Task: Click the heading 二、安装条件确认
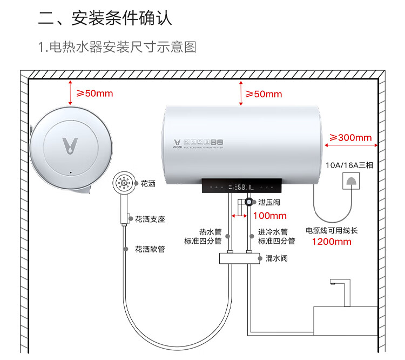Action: point(105,18)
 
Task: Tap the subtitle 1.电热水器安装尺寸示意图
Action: point(117,48)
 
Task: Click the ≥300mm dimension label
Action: point(350,137)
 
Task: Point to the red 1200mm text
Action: point(332,242)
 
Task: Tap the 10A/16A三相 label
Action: point(349,165)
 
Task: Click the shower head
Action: point(124,184)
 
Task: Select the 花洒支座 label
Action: point(150,219)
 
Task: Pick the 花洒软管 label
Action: point(150,249)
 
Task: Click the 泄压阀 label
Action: point(269,202)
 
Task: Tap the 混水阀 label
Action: point(276,258)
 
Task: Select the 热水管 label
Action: point(207,231)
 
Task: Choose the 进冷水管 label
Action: point(273,231)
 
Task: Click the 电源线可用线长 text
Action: point(332,230)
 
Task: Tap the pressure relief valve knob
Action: point(248,202)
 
